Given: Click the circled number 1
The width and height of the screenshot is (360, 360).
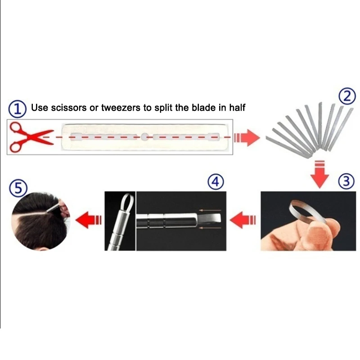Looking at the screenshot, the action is pyautogui.click(x=17, y=109).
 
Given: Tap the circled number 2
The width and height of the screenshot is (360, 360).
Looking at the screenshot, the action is pyautogui.click(x=347, y=96).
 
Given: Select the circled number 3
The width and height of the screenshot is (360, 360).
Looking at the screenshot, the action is pyautogui.click(x=346, y=181).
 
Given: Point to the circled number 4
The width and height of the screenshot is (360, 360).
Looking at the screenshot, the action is pyautogui.click(x=216, y=182).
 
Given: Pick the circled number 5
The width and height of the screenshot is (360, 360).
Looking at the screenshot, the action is pyautogui.click(x=18, y=189).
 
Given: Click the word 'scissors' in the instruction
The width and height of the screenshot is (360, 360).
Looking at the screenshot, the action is pyautogui.click(x=69, y=108).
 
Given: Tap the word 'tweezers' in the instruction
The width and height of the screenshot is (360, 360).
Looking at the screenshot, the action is pyautogui.click(x=121, y=108).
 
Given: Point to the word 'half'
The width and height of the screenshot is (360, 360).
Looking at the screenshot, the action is pyautogui.click(x=237, y=108).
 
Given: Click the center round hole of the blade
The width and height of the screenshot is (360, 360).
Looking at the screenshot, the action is pyautogui.click(x=144, y=137).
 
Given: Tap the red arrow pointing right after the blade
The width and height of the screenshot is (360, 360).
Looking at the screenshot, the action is pyautogui.click(x=247, y=138).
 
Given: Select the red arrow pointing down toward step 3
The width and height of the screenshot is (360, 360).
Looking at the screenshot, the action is pyautogui.click(x=319, y=174).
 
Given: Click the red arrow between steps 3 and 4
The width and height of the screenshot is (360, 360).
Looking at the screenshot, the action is pyautogui.click(x=243, y=220).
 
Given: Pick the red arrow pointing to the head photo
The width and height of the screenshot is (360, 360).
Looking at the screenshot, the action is pyautogui.click(x=88, y=220).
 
